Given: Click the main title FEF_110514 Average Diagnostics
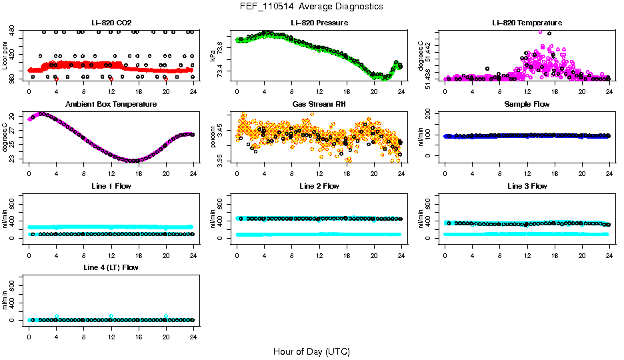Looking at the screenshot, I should [x=312, y=6].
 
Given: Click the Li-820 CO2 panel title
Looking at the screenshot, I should [x=111, y=23].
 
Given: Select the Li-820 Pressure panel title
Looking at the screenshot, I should [x=319, y=23].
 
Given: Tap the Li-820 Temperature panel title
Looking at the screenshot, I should [x=527, y=23].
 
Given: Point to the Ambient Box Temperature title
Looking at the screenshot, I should [x=111, y=105].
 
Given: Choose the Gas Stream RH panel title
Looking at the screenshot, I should [x=319, y=105].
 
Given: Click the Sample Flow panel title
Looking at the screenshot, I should [x=527, y=105].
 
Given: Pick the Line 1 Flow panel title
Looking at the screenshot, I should [x=111, y=186].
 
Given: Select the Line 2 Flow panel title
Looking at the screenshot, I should [x=319, y=186].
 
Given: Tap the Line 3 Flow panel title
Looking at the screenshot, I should [x=527, y=186].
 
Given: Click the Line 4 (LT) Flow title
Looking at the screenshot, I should [x=111, y=267].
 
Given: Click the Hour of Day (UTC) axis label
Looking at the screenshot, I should [x=311, y=351].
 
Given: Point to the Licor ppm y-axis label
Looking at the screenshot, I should [x=5, y=55].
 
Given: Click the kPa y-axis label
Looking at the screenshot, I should [x=213, y=55].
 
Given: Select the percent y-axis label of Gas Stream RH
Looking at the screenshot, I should [x=213, y=137].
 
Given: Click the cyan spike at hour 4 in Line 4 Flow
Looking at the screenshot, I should [x=57, y=316].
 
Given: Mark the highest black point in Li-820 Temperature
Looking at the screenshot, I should [x=549, y=33].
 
